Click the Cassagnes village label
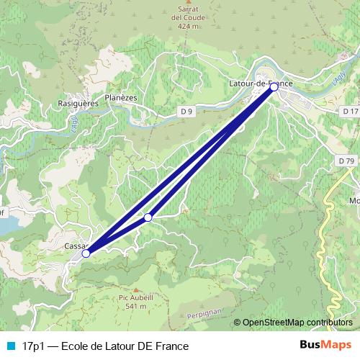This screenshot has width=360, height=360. [74, 246]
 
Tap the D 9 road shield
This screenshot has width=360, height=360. [187, 111]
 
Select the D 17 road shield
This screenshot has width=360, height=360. [350, 111]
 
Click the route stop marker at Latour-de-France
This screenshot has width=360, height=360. [274, 86]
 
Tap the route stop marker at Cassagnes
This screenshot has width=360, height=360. [86, 253]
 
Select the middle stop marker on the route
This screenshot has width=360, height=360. [148, 217]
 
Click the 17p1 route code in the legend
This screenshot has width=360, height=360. [33, 346]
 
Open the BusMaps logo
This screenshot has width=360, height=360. [327, 346]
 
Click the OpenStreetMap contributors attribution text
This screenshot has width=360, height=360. [297, 323]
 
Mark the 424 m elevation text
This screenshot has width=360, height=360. [187, 26]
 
